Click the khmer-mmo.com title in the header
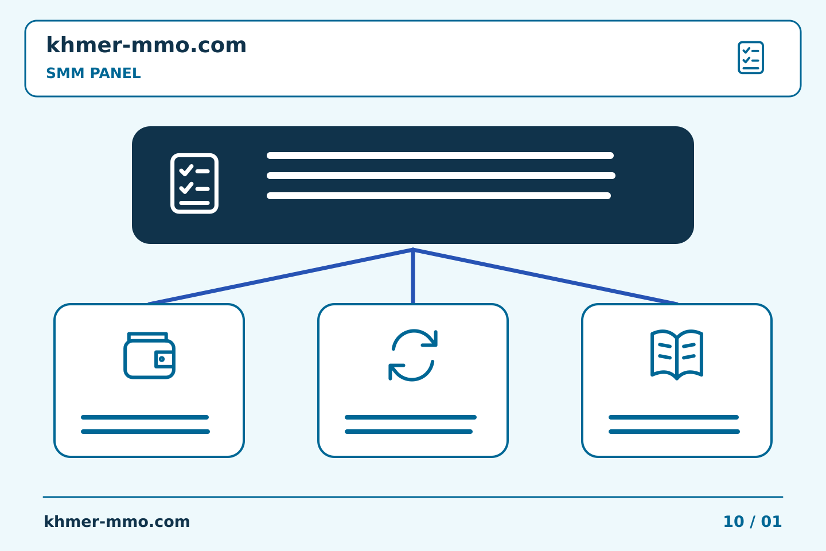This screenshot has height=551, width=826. [x=146, y=45]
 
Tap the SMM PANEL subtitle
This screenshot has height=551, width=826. [x=93, y=73]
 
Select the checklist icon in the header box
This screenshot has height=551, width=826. [x=751, y=57]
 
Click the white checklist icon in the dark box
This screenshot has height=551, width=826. [x=194, y=184]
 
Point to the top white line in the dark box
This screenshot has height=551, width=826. [x=441, y=156]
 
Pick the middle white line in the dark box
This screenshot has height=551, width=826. [x=441, y=176]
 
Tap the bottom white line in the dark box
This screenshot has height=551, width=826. [x=439, y=196]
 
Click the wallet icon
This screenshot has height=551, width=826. [x=149, y=355]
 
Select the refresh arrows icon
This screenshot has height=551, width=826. [x=413, y=355]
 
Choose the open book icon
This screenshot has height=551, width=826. [x=677, y=355]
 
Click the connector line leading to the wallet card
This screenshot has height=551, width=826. [x=280, y=277]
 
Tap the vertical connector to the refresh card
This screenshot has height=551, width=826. [x=413, y=277]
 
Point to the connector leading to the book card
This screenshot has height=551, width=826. [x=546, y=277]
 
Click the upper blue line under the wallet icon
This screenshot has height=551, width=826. [x=145, y=417]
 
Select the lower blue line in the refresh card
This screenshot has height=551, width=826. [x=408, y=432]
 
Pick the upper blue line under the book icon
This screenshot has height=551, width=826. [x=673, y=417]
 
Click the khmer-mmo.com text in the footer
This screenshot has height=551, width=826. [x=117, y=522]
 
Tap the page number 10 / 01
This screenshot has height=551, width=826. [x=752, y=522]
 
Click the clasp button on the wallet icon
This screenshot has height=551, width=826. [x=162, y=359]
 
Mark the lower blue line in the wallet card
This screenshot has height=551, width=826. [x=145, y=432]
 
